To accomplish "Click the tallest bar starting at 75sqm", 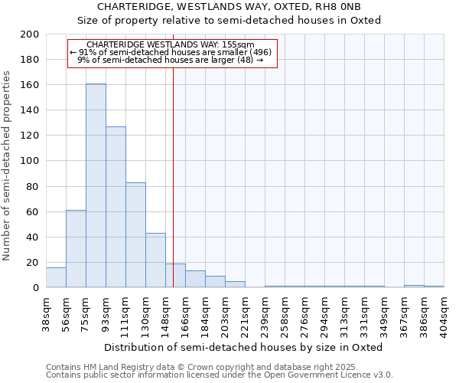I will [96, 185].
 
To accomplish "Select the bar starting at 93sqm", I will [116, 207].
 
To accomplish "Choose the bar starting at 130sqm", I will [155, 260].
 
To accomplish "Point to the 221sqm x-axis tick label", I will [245, 312].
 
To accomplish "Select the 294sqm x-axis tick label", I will [324, 312].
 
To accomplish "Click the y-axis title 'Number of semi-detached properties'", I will [8, 165].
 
